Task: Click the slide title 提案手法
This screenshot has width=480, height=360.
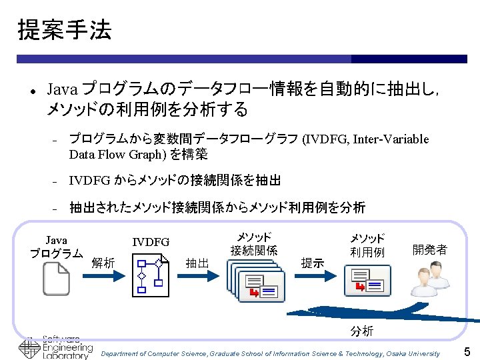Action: coord(64,29)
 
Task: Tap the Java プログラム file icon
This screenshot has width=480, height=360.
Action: coord(56,279)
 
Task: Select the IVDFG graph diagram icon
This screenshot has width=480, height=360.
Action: coord(151,276)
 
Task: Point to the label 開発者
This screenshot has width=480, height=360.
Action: coord(429,249)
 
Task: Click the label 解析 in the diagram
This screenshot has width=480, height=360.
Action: coord(103,263)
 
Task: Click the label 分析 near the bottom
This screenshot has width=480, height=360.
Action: coord(362,331)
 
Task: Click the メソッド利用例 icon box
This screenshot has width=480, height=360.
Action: coord(367,280)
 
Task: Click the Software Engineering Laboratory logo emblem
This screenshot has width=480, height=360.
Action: coord(29,349)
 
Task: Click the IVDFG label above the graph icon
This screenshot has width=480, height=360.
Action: coord(151,242)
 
